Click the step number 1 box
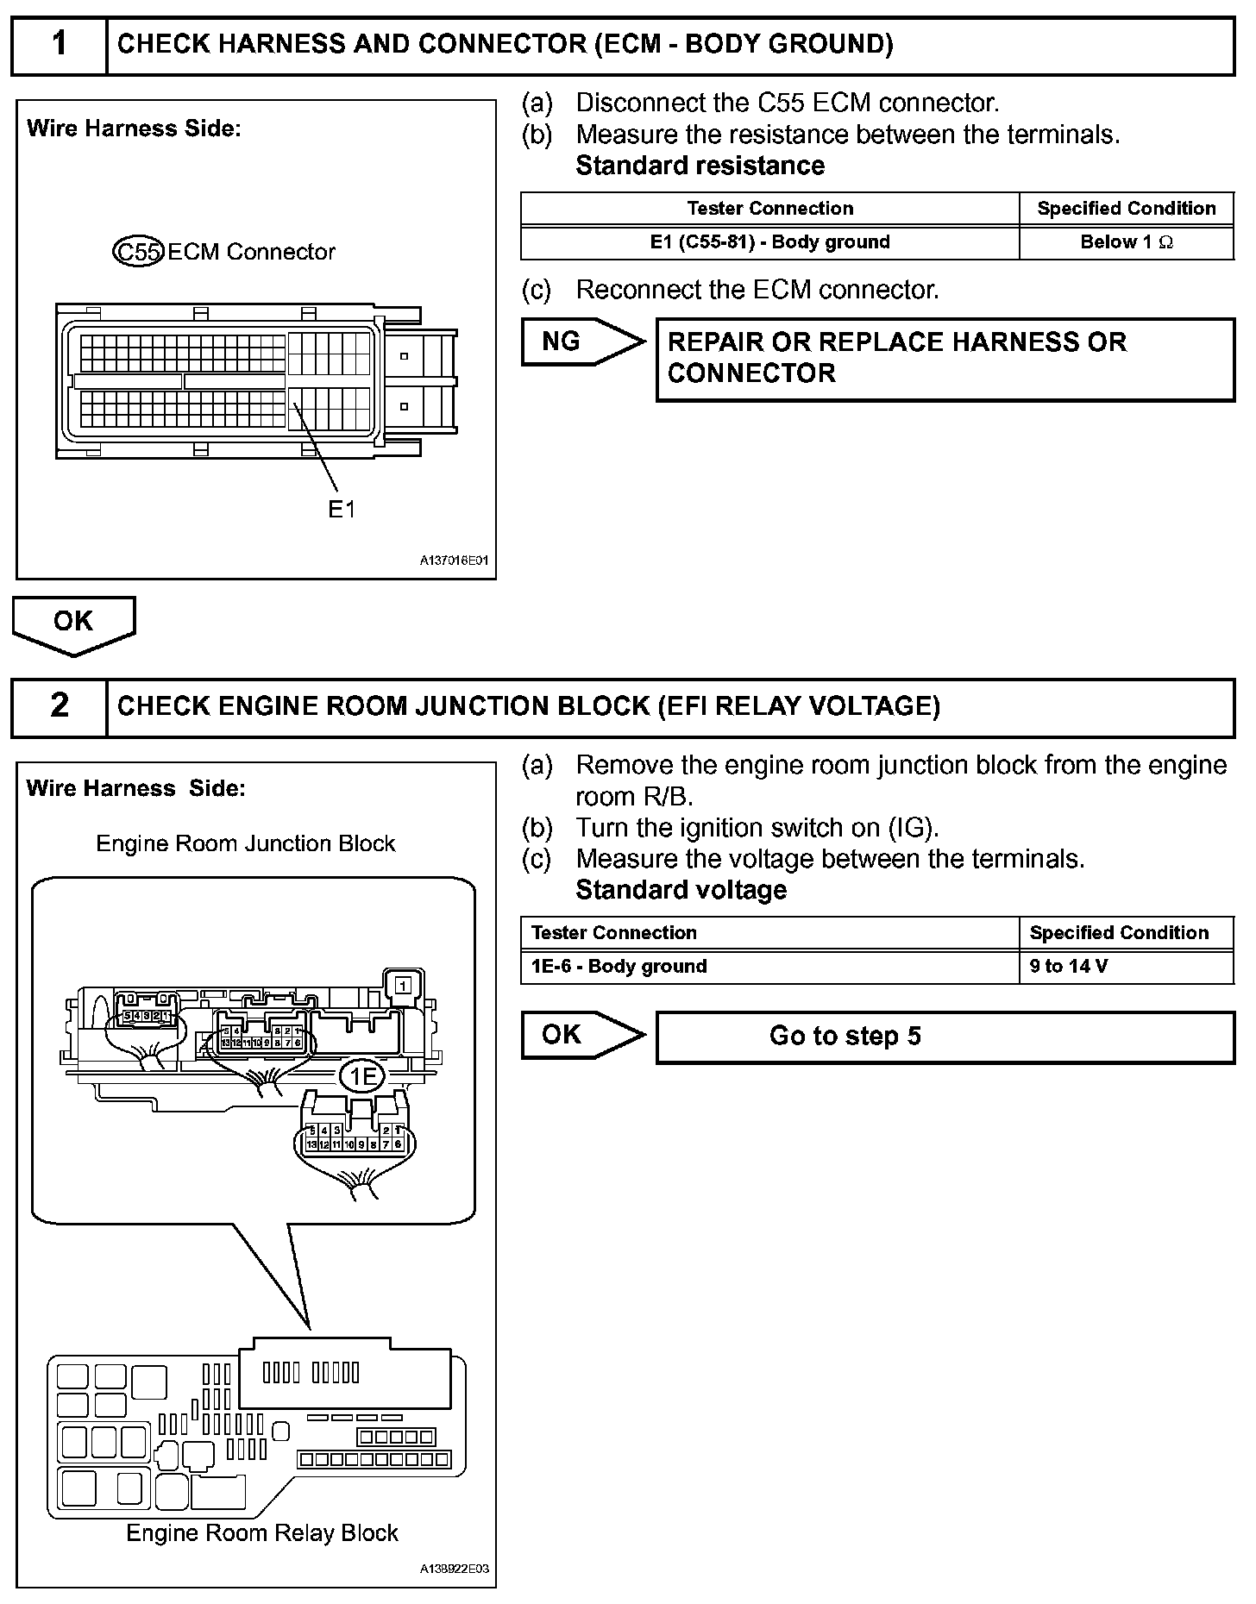59,45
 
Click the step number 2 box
59,706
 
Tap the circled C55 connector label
138,252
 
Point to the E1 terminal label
342,510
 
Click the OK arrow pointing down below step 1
73,623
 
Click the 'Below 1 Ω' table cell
1126,242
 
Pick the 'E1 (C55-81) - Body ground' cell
769,242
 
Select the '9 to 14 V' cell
1126,967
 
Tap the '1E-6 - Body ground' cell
769,967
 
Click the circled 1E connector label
361,1075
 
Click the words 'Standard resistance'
700,166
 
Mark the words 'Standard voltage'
681,890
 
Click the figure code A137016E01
454,561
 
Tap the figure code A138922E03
454,1569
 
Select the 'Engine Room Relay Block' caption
262,1533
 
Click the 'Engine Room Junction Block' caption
245,843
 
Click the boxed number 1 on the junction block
405,983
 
